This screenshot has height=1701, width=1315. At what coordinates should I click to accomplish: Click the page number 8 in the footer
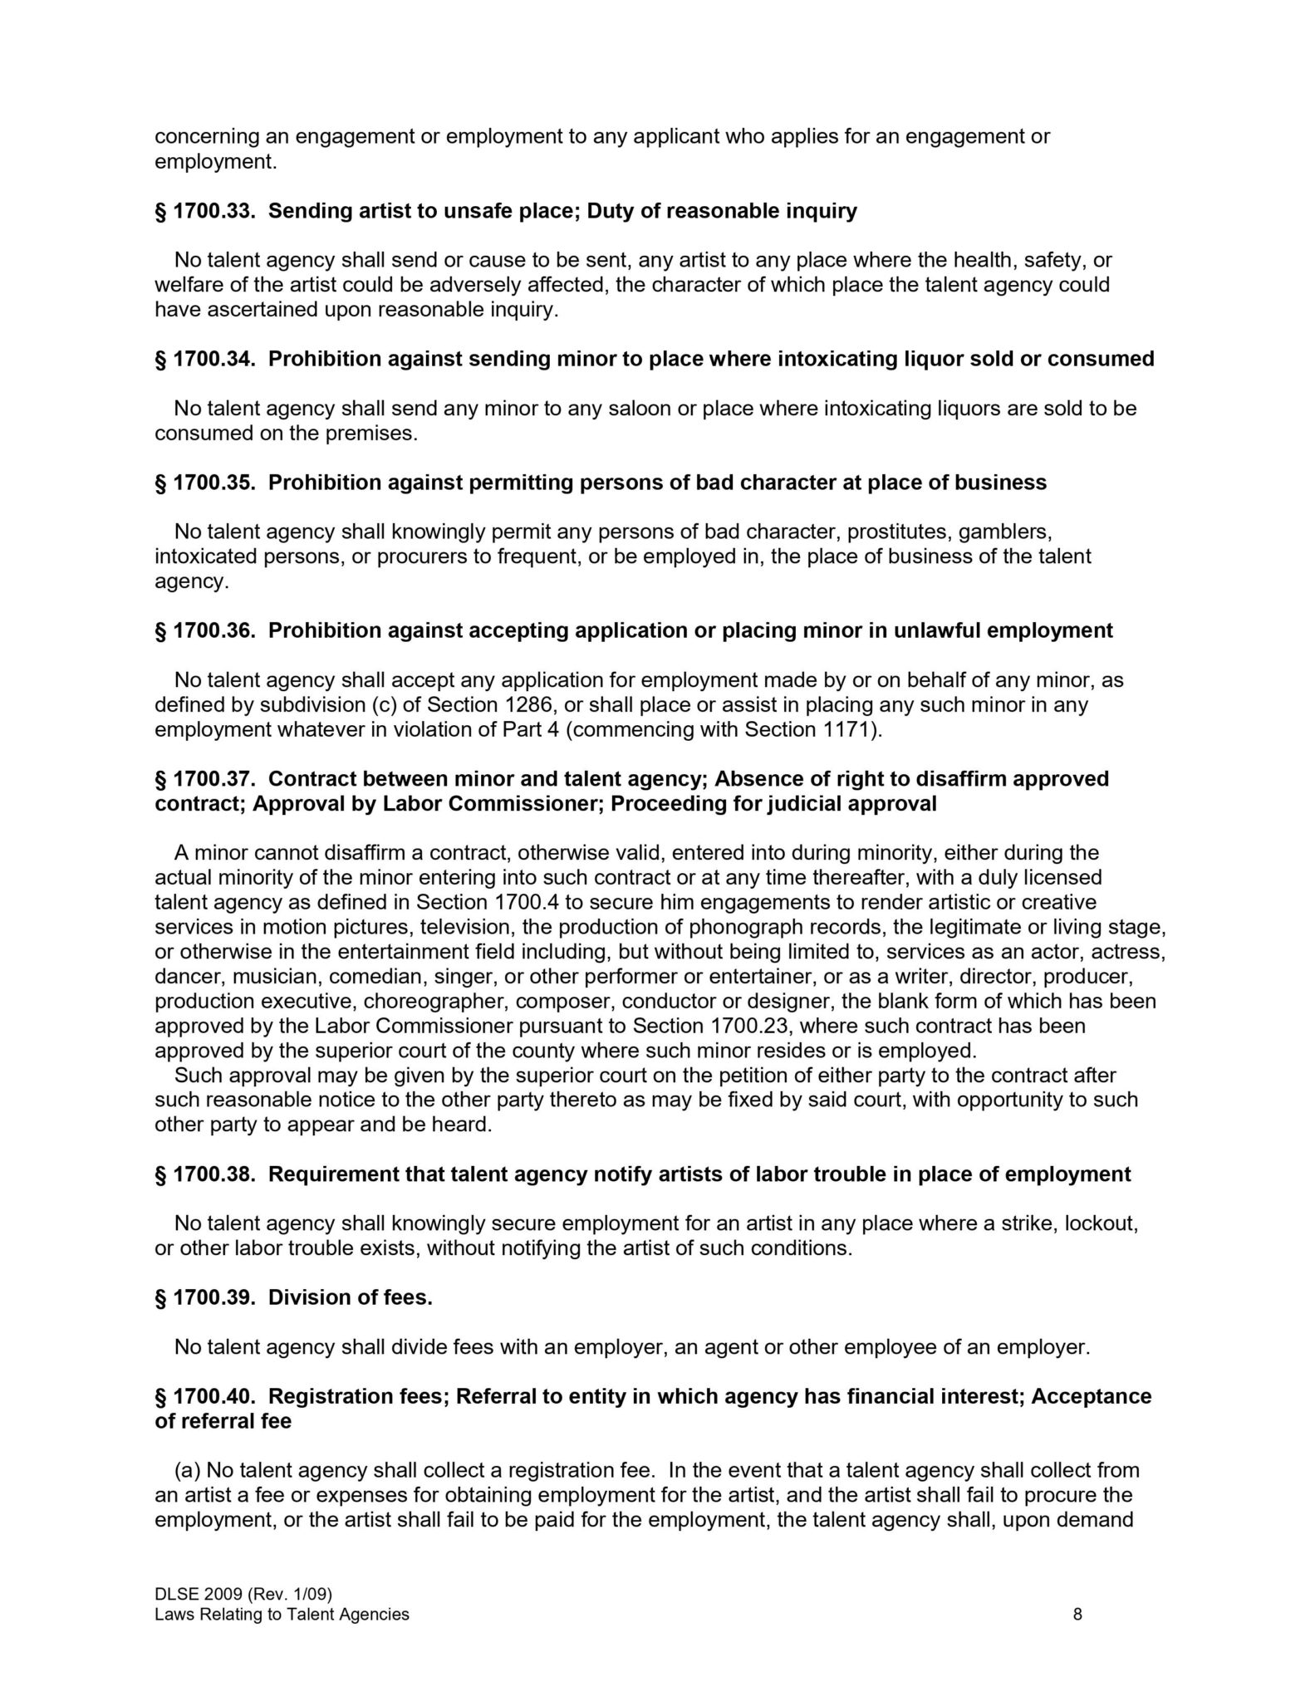point(1077,1615)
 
